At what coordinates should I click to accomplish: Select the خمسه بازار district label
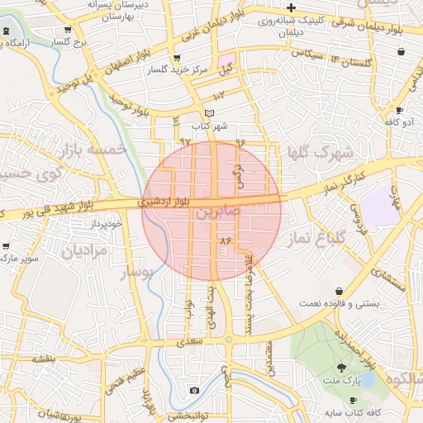tap(91, 150)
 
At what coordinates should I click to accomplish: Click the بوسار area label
tap(138, 273)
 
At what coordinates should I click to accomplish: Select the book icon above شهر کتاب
tap(209, 114)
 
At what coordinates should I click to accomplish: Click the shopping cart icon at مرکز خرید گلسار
tap(176, 58)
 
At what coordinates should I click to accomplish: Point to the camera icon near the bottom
tap(194, 390)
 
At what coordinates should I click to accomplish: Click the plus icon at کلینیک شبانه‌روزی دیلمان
tap(291, 7)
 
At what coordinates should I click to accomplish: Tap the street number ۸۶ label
tap(222, 240)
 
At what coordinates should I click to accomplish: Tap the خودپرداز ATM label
tap(107, 224)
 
